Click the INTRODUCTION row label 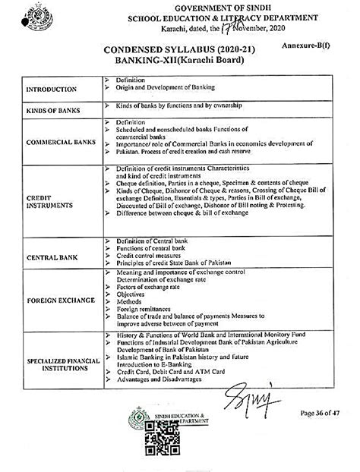(x=51, y=90)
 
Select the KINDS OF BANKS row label (x=53, y=112)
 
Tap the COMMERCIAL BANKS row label (x=58, y=142)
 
